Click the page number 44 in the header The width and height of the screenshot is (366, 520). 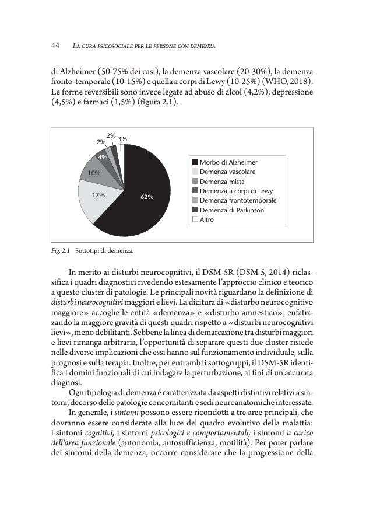[x=56, y=46]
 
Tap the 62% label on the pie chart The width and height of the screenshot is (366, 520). [x=146, y=197]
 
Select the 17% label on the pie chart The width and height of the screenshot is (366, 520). [x=98, y=195]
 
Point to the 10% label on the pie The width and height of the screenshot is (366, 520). [x=94, y=173]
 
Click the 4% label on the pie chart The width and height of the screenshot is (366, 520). [x=102, y=157]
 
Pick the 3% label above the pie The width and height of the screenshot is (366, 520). [x=122, y=139]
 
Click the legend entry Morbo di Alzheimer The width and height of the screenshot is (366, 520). [x=228, y=162]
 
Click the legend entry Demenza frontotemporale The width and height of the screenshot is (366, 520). [x=238, y=200]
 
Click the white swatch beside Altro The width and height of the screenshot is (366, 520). [x=195, y=219]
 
